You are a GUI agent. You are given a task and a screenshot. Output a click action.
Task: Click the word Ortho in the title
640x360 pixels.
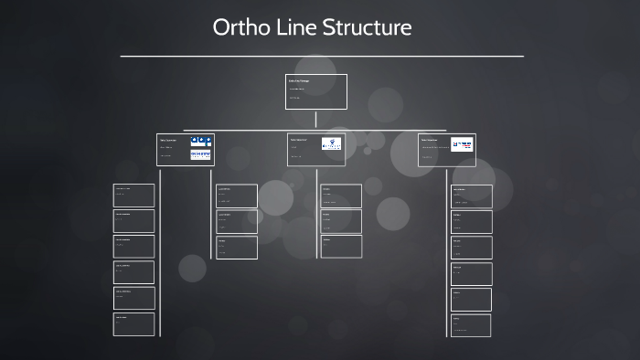[x=240, y=27]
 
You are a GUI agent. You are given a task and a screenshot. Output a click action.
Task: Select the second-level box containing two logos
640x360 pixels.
[x=185, y=149]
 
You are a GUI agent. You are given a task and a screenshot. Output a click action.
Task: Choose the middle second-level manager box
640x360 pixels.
[x=316, y=149]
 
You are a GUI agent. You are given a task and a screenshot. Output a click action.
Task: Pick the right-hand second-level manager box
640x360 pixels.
[x=447, y=149]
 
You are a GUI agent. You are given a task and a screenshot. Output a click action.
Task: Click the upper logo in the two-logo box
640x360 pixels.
[x=201, y=141]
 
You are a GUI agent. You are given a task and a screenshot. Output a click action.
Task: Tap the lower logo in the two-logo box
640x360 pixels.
[x=201, y=155]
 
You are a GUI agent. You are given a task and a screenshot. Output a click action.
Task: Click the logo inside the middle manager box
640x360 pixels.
[x=331, y=143]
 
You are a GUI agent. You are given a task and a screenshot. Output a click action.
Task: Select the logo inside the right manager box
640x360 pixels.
[x=463, y=143]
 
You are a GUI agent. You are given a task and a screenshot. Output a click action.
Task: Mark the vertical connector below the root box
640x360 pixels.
[x=316, y=119]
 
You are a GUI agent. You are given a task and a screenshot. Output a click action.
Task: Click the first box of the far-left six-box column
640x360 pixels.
[x=134, y=195]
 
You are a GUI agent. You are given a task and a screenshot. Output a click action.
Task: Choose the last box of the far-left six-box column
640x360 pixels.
[x=134, y=323]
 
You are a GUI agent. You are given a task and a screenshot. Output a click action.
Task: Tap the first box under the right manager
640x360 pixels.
[x=472, y=196]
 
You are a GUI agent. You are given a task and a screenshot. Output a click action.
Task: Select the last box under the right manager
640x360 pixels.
[x=472, y=324]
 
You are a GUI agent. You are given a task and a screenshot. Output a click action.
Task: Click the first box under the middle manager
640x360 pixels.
[x=341, y=196]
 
